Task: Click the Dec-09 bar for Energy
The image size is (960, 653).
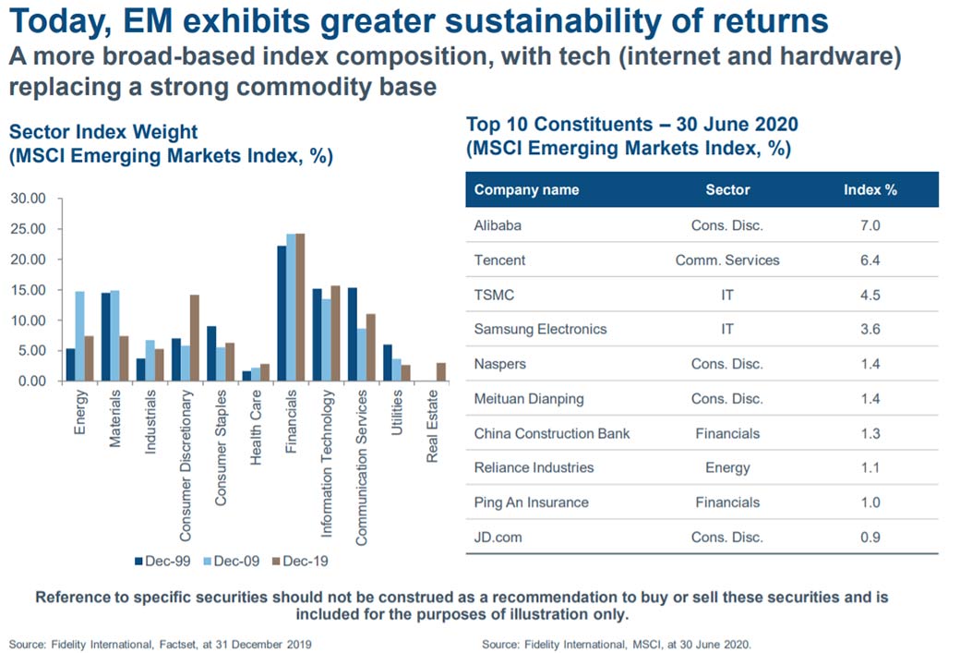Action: [x=79, y=336]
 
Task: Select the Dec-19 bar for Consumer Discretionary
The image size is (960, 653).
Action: [x=195, y=338]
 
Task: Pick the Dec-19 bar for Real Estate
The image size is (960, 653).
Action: [x=441, y=372]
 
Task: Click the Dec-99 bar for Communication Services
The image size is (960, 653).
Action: [x=353, y=334]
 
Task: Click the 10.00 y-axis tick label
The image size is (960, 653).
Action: [x=29, y=320]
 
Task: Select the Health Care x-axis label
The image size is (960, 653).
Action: [x=256, y=427]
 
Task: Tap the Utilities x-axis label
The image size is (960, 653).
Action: [x=397, y=412]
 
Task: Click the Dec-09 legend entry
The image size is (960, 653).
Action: [x=232, y=562]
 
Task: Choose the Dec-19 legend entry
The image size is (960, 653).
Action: [x=300, y=562]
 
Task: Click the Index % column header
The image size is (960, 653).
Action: [x=870, y=190]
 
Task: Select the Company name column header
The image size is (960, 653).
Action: [x=526, y=190]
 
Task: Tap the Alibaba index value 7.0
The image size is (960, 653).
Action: [x=870, y=225]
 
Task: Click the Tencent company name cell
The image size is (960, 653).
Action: [x=499, y=260]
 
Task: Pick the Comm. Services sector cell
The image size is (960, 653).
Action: [x=727, y=260]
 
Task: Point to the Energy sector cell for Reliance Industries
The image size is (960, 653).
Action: [x=727, y=468]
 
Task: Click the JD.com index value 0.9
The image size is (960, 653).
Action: [x=870, y=538]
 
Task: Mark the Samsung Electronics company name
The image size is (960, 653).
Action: [x=540, y=330]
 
